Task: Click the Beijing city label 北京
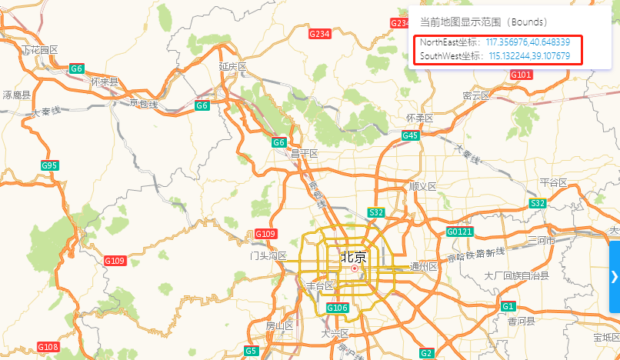click(x=354, y=255)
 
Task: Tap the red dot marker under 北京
click(x=355, y=268)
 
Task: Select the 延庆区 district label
click(x=232, y=67)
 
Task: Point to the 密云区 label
click(x=476, y=95)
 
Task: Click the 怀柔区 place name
click(x=419, y=118)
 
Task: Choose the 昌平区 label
click(x=304, y=153)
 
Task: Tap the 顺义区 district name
click(x=422, y=186)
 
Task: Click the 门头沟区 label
click(x=268, y=255)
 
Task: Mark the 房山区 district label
click(x=279, y=325)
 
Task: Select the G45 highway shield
click(x=410, y=136)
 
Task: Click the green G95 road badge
click(x=50, y=165)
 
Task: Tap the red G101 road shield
click(x=521, y=75)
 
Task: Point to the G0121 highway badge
click(x=460, y=232)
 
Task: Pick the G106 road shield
click(x=338, y=308)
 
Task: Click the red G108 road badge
click(x=48, y=348)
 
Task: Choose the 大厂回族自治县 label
click(x=516, y=275)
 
